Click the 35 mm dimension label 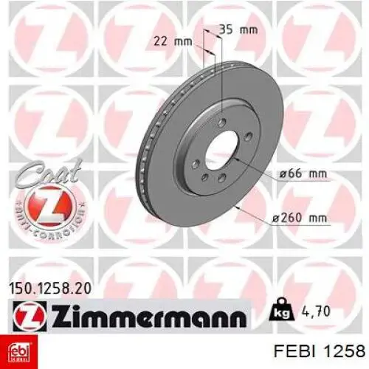[238, 30]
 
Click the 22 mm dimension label [173, 41]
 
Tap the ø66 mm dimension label [303, 174]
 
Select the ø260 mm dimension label [300, 218]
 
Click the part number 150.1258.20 [50, 289]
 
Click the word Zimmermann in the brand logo [149, 316]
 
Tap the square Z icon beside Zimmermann [30, 314]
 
